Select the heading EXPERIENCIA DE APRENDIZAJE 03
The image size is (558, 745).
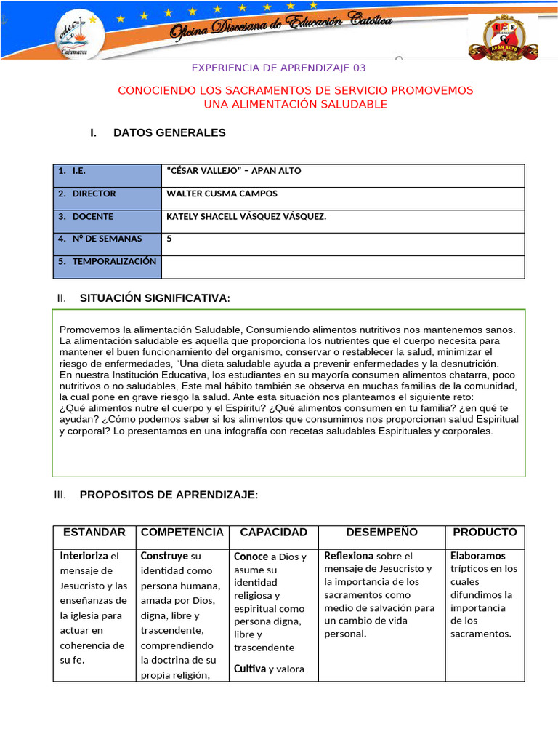click(279, 68)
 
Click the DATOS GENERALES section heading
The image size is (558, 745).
click(169, 132)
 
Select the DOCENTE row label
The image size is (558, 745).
click(92, 216)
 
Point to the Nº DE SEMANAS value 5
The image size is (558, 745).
click(169, 238)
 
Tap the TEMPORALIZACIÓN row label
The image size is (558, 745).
click(114, 261)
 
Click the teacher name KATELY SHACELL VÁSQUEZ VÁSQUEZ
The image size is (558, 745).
click(246, 216)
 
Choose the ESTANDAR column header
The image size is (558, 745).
click(94, 533)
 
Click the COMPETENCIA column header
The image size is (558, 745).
click(182, 533)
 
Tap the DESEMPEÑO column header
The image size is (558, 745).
click(381, 533)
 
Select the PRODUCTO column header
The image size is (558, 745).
click(485, 533)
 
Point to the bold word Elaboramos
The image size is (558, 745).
click(477, 556)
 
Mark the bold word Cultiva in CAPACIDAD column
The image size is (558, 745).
click(249, 669)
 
